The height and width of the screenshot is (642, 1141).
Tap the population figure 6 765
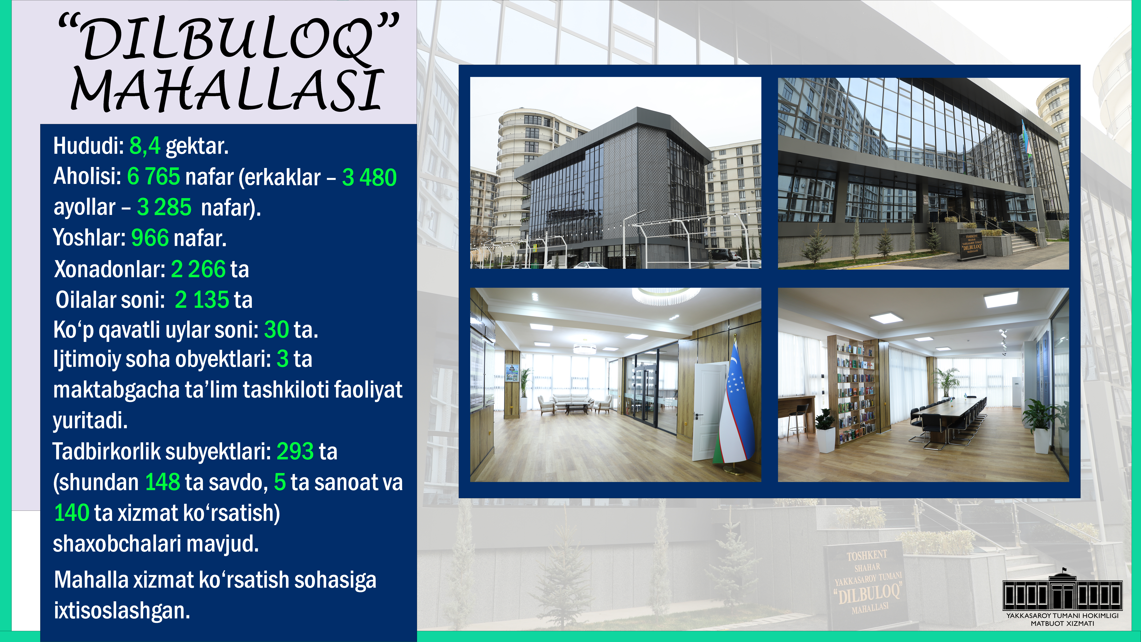tap(153, 176)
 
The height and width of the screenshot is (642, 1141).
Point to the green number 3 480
tap(369, 177)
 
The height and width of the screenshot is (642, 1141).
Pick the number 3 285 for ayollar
tap(164, 207)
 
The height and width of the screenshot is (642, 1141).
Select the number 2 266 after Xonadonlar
tap(198, 269)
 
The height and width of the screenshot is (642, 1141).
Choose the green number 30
tap(276, 330)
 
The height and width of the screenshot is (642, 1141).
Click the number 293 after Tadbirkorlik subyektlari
tap(295, 451)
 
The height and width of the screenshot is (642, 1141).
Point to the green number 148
tap(163, 482)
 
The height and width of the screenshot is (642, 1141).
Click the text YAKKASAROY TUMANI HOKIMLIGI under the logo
tap(1062, 615)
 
